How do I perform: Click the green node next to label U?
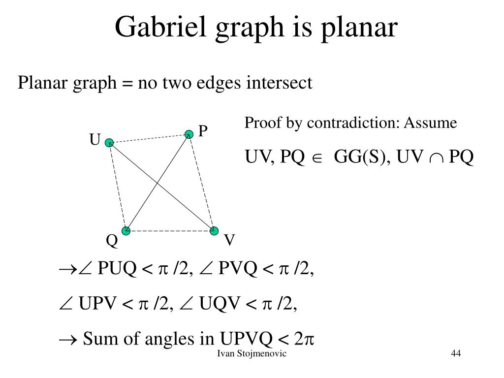pyautogui.click(x=109, y=143)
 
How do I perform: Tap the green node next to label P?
pyautogui.click(x=189, y=134)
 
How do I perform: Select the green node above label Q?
pyautogui.click(x=126, y=230)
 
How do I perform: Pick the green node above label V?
pyautogui.click(x=214, y=230)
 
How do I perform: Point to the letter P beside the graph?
pyautogui.click(x=203, y=131)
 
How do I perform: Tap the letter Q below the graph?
pyautogui.click(x=112, y=241)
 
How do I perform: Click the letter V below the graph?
pyautogui.click(x=229, y=241)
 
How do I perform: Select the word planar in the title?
pyautogui.click(x=362, y=28)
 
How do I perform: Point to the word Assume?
pyautogui.click(x=431, y=123)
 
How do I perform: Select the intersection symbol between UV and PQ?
pyautogui.click(x=436, y=157)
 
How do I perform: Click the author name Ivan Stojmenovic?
pyautogui.click(x=252, y=354)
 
